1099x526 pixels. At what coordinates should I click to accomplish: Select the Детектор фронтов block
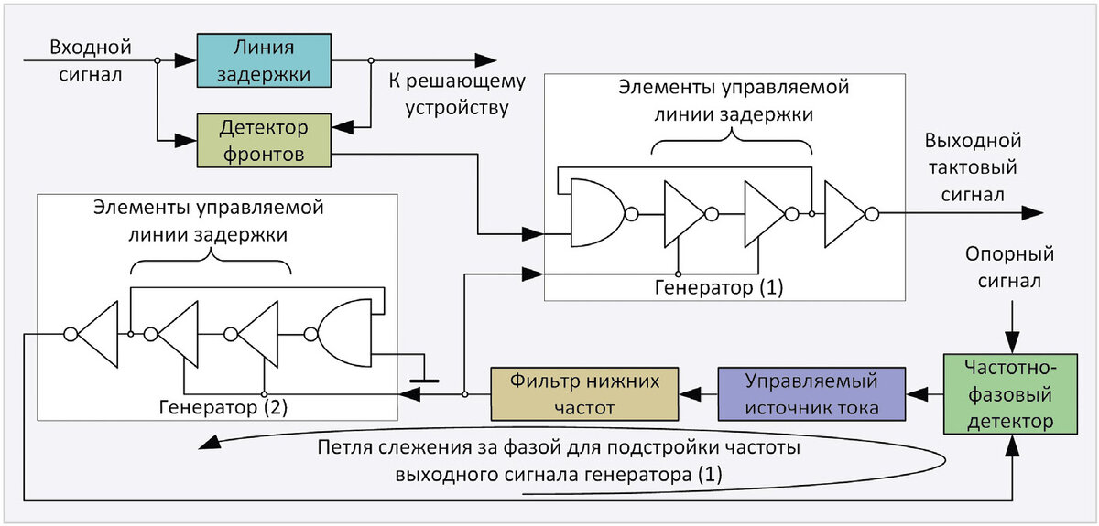pyautogui.click(x=264, y=139)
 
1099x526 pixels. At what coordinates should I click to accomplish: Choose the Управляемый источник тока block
pyautogui.click(x=811, y=393)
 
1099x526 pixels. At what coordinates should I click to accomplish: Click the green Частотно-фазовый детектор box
pyautogui.click(x=1010, y=394)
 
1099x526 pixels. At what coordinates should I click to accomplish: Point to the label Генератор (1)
pyautogui.click(x=719, y=287)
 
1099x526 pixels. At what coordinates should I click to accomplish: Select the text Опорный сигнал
pyautogui.click(x=1010, y=267)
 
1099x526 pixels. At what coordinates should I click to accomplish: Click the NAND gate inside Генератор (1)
pyautogui.click(x=595, y=213)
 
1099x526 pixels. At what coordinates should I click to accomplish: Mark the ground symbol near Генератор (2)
pyautogui.click(x=423, y=376)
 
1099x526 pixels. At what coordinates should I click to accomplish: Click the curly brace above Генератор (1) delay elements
pyautogui.click(x=732, y=139)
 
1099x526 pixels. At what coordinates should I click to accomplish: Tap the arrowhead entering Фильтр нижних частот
pyautogui.click(x=688, y=393)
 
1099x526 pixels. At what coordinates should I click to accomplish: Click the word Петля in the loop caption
pyautogui.click(x=346, y=449)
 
